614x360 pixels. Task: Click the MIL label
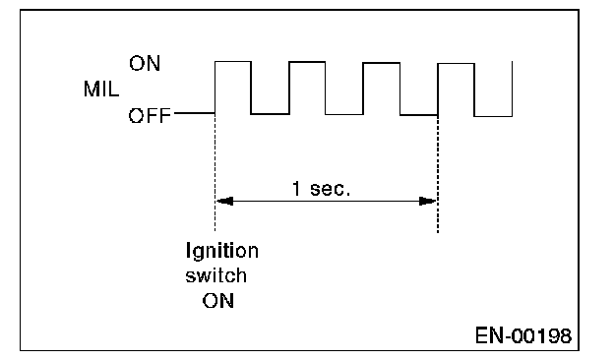[x=101, y=89]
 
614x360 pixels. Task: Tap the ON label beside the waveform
[x=145, y=63]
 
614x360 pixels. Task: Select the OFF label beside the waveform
[x=150, y=115]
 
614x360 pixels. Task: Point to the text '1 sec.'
[x=321, y=189]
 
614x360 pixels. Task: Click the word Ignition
[x=222, y=251]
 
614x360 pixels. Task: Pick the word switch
[x=216, y=275]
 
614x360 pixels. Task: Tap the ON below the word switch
[x=218, y=301]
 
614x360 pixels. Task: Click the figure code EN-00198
[x=523, y=335]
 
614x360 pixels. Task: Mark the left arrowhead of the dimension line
[x=224, y=201]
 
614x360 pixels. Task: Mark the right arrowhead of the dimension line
[x=428, y=201]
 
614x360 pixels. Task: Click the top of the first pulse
[x=233, y=61]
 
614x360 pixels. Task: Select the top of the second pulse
[x=307, y=62]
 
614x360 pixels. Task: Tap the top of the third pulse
[x=382, y=63]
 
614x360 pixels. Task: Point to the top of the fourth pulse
[x=457, y=63]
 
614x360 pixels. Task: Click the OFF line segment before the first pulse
[x=195, y=113]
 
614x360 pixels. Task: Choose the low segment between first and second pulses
[x=271, y=114]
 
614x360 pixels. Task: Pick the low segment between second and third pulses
[x=344, y=114]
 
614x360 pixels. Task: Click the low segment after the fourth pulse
[x=493, y=116]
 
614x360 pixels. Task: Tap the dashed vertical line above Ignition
[x=215, y=172]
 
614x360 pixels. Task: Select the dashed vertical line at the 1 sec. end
[x=438, y=174]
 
